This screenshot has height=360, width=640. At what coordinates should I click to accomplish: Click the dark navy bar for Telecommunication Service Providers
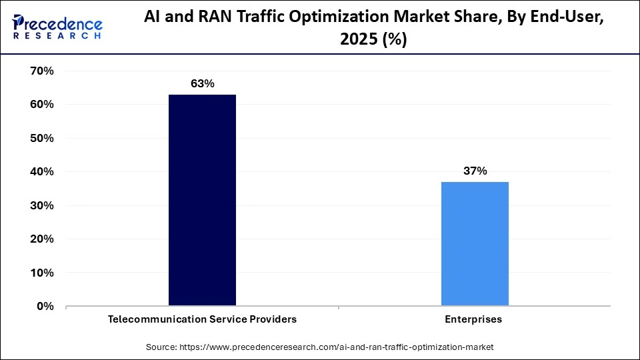(x=202, y=200)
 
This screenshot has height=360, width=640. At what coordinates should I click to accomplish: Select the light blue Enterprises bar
(x=475, y=244)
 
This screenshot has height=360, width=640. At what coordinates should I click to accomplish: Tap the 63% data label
(x=202, y=83)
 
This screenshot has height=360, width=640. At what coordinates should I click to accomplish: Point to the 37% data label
(x=475, y=171)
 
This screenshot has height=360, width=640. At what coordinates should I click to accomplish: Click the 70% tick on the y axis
(x=41, y=71)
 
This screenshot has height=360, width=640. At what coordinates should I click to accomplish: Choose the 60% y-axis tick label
(x=41, y=105)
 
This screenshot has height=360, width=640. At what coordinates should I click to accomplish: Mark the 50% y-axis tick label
(x=41, y=138)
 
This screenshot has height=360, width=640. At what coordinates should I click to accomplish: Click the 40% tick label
(x=41, y=171)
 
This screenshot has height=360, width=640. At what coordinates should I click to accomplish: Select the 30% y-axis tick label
(x=41, y=205)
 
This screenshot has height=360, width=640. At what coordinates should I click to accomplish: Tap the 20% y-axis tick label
(x=41, y=239)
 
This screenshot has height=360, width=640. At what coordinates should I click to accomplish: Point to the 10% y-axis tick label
(x=41, y=273)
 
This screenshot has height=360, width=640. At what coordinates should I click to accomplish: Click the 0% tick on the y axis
(x=45, y=306)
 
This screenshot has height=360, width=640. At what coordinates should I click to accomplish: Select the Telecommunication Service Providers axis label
(x=202, y=319)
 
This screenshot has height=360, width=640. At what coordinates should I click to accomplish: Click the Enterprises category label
(x=475, y=319)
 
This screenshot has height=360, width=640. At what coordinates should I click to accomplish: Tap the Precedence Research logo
(x=57, y=27)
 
